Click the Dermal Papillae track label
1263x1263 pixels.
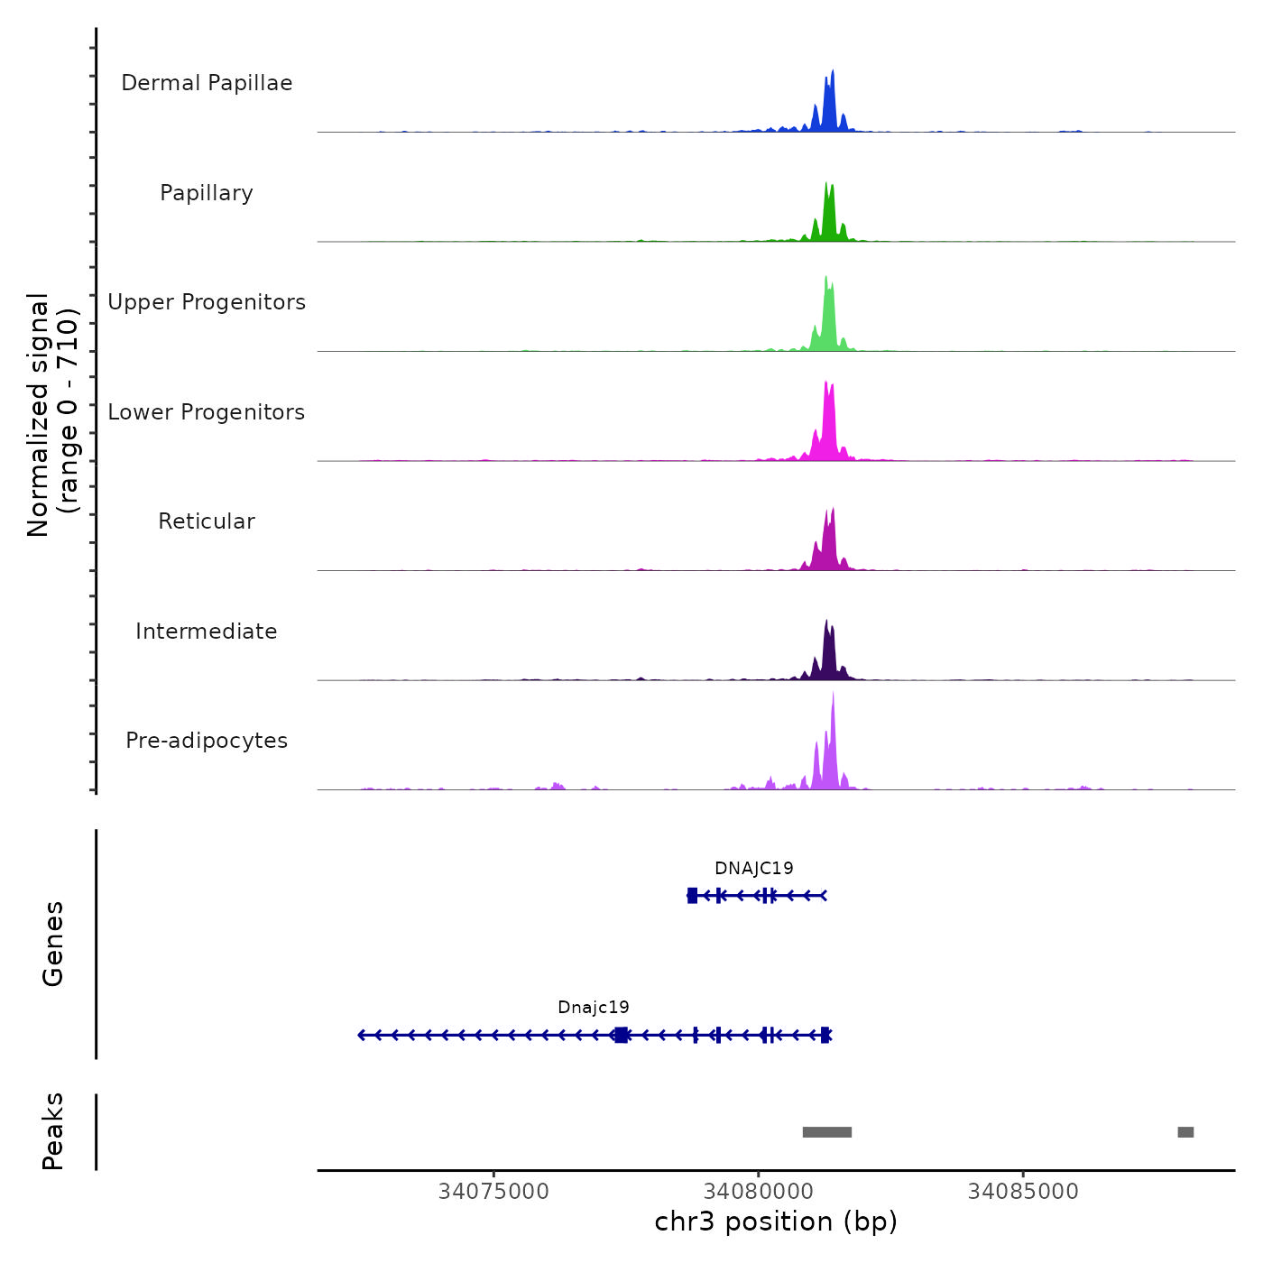click(x=207, y=83)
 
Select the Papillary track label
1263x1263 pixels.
click(x=207, y=193)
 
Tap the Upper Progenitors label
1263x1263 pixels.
click(x=207, y=302)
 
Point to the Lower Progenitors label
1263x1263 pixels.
click(x=207, y=412)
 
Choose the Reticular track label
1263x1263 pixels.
click(x=207, y=521)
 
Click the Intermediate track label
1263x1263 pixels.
click(x=207, y=631)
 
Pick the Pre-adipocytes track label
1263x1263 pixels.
click(x=207, y=741)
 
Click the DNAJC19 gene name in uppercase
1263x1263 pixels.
click(x=754, y=869)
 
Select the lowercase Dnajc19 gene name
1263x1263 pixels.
click(x=594, y=1008)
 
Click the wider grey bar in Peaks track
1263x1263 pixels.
click(x=827, y=1132)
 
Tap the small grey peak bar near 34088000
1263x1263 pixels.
click(x=1185, y=1132)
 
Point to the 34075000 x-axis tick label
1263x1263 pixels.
click(x=493, y=1192)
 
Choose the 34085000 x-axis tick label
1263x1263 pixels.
click(x=1023, y=1192)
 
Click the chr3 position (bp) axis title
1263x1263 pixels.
click(x=776, y=1222)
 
